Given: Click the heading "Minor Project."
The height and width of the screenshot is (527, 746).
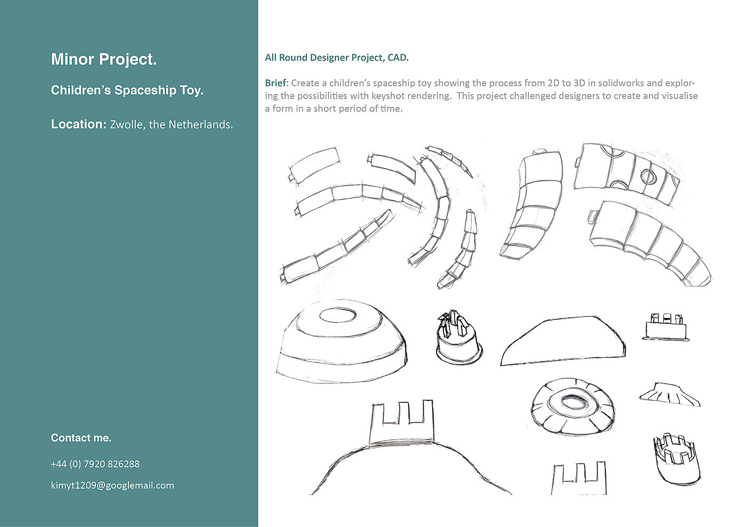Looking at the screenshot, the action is [103, 59].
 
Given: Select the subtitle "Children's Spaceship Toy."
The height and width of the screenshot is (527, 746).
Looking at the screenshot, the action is [127, 90].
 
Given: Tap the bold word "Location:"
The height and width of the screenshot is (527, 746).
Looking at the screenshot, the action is [79, 124].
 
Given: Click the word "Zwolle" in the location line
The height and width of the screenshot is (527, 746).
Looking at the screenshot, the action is [127, 125].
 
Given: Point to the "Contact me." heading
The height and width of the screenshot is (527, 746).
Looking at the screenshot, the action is [81, 438].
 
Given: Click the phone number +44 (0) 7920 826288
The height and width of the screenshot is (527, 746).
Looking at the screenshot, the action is [95, 464].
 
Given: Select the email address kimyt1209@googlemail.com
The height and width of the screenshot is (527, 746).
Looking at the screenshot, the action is [112, 485].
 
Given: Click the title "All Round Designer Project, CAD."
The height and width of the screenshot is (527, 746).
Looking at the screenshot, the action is [337, 57].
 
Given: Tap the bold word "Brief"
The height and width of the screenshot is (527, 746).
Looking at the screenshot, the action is [275, 83].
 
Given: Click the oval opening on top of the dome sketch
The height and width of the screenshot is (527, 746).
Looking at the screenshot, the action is [338, 315].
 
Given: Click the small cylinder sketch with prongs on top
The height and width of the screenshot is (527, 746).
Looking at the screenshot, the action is [459, 337].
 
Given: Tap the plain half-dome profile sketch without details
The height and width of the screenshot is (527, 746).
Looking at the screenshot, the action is [563, 341].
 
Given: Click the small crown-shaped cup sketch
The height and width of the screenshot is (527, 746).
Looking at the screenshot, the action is [677, 460].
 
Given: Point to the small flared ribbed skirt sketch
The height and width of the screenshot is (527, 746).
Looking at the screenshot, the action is [669, 394].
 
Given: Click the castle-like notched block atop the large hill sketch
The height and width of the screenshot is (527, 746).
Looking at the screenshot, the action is [402, 423].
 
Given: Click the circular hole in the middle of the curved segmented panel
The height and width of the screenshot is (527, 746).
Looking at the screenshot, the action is [648, 176].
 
